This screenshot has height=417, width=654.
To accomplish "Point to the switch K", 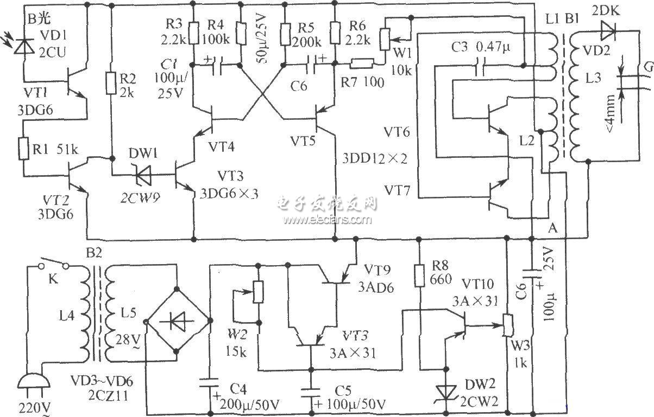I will pos(53,266).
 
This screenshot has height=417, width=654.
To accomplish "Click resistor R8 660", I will pos(419,275).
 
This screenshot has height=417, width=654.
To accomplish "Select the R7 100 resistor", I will pos(360,64).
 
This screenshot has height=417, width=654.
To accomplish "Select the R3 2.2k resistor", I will pos(193,36).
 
